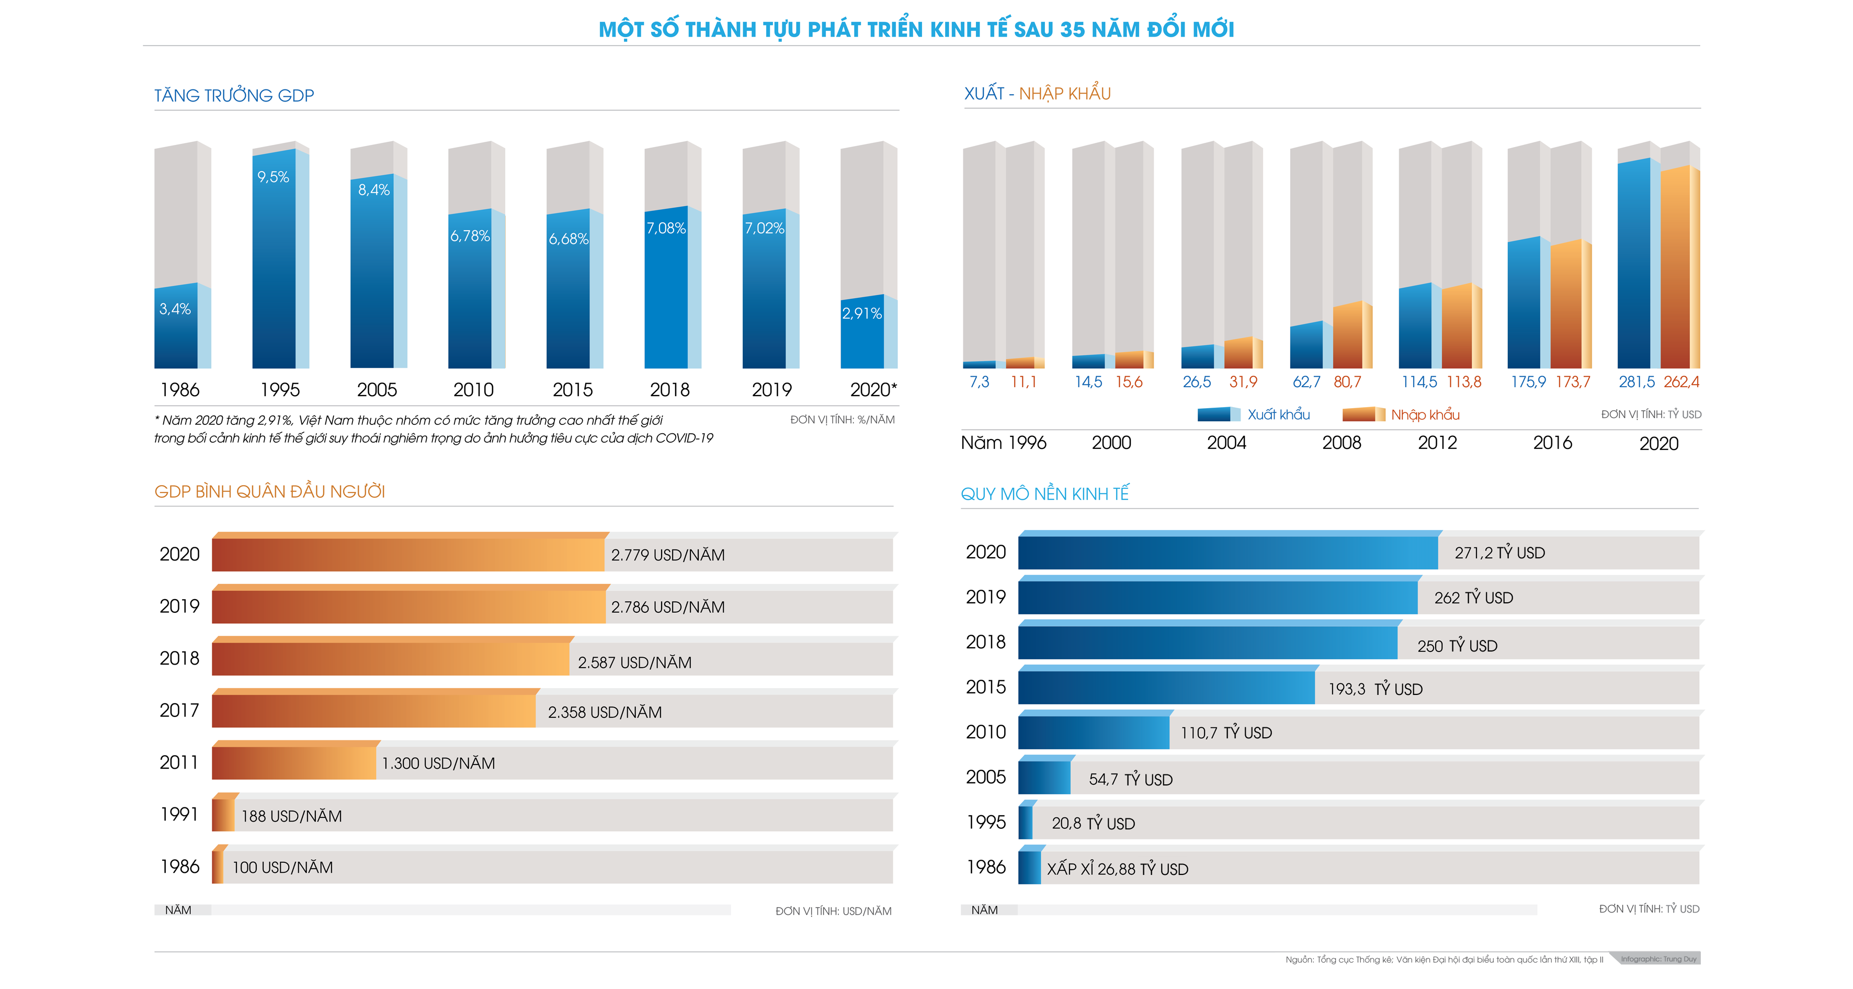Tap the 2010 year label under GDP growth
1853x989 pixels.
coord(473,390)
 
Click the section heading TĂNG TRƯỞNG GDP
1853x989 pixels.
coord(234,96)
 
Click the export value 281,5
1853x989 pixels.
coord(1636,382)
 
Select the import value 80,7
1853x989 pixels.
coord(1347,382)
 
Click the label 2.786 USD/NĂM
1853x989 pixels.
coord(667,608)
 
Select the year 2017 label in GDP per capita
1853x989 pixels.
coord(179,711)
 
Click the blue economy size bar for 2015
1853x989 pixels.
coord(1165,688)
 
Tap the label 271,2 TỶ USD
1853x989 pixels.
coord(1499,553)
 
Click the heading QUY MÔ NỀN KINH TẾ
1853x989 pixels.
coord(1044,494)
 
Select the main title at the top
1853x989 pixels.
coord(916,29)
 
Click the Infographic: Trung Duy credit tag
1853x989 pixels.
coord(1657,959)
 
